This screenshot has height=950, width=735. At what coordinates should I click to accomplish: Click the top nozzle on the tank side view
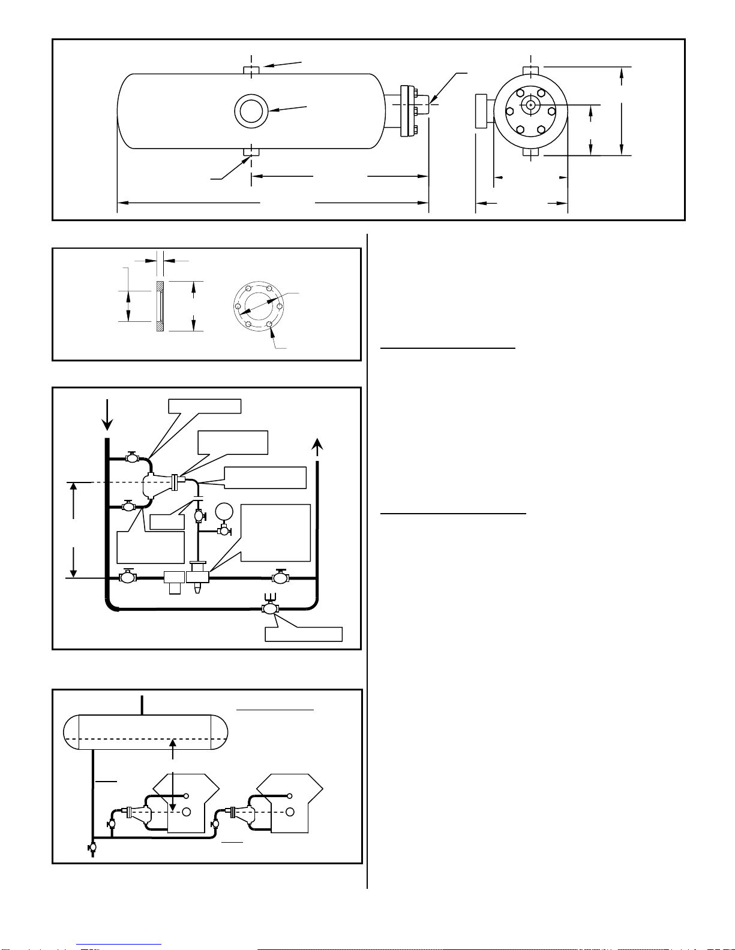(251, 70)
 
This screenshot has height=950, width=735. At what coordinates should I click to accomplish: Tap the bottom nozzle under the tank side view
(251, 152)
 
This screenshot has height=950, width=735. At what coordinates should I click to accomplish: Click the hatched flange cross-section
(160, 306)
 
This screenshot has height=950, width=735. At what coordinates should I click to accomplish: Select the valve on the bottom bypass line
(270, 608)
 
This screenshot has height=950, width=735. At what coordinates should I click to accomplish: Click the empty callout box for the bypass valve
(304, 634)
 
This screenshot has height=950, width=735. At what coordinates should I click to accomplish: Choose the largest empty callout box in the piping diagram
(275, 533)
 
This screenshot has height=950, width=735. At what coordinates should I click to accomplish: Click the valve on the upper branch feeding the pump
(132, 457)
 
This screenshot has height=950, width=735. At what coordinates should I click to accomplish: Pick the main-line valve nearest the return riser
(280, 578)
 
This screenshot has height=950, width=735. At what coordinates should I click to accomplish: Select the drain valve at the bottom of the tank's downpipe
(92, 848)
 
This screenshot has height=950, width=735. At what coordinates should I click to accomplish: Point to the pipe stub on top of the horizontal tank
(142, 705)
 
